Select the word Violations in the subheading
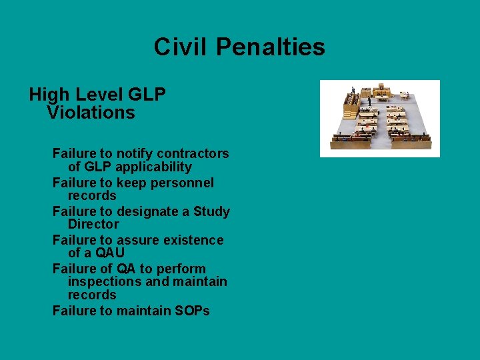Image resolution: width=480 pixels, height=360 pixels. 91,113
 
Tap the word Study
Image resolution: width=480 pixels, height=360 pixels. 211,212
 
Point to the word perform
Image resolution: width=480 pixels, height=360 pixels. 181,269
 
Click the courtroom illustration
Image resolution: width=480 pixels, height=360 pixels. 379,119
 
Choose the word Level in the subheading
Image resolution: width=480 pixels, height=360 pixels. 97,95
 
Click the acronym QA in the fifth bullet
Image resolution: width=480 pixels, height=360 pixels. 126,269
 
